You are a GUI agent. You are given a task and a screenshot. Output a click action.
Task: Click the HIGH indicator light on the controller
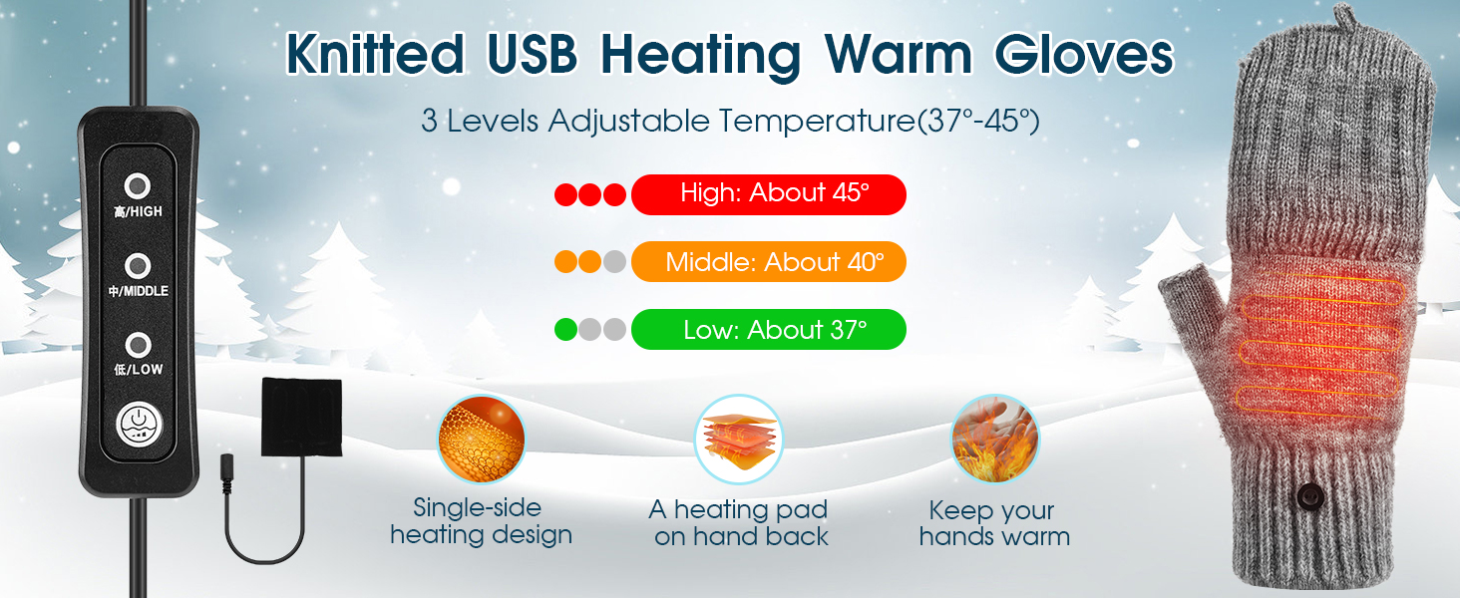coord(138,186)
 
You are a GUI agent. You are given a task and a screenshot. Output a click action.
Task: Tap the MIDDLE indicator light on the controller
coord(138,266)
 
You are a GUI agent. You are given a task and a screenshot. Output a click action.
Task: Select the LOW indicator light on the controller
coord(138,345)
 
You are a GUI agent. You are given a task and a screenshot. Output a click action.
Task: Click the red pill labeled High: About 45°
coord(769,194)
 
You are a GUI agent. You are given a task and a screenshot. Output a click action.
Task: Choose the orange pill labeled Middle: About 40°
coord(769,262)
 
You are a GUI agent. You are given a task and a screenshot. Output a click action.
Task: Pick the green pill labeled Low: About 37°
coord(769,330)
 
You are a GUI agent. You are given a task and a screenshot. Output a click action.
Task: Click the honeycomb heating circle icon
coord(481,440)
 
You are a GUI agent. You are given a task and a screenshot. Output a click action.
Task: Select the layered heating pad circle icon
coord(738,440)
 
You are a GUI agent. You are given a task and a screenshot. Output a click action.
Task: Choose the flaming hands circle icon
coord(994,440)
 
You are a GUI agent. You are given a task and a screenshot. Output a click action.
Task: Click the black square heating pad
coord(302,417)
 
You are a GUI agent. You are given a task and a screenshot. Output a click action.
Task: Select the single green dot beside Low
coord(565,330)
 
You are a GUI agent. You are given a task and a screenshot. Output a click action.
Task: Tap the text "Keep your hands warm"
coord(994,523)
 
